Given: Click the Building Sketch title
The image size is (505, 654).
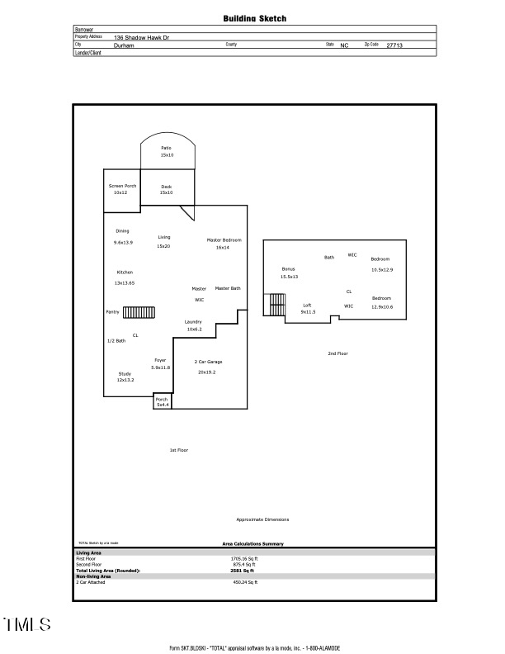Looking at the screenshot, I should pyautogui.click(x=255, y=17).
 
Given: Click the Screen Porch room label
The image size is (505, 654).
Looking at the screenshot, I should pyautogui.click(x=121, y=186).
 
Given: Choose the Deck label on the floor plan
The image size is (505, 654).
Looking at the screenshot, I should pyautogui.click(x=167, y=187).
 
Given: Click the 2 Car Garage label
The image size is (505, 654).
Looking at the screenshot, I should pyautogui.click(x=208, y=362).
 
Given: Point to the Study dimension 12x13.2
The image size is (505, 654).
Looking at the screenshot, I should pyautogui.click(x=125, y=380).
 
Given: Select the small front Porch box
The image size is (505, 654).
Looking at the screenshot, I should pyautogui.click(x=163, y=402).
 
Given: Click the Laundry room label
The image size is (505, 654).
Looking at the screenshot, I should pyautogui.click(x=193, y=321).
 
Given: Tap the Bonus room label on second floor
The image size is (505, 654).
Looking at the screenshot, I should pyautogui.click(x=288, y=269).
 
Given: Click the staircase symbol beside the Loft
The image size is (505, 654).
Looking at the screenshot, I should pyautogui.click(x=274, y=306).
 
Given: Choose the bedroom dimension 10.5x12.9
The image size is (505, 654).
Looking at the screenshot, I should pyautogui.click(x=382, y=270).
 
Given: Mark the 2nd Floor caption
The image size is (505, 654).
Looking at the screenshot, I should pyautogui.click(x=337, y=353).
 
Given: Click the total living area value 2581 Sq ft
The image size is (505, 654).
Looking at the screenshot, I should pyautogui.click(x=242, y=571).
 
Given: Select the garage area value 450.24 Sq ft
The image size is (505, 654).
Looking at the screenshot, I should pyautogui.click(x=245, y=582).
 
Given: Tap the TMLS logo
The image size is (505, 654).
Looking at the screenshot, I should pyautogui.click(x=26, y=624).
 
